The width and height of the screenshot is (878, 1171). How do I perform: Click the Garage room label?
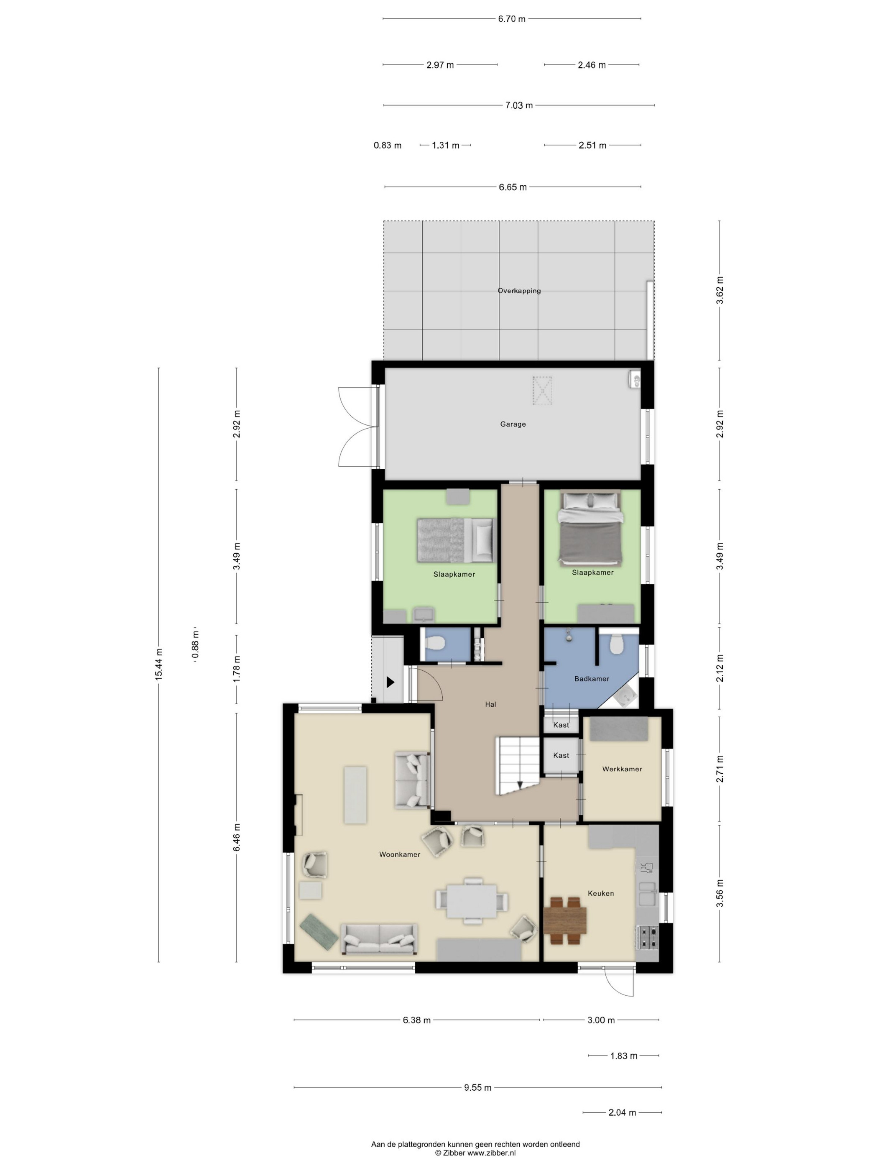513,424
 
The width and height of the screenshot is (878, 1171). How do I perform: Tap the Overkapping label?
519,291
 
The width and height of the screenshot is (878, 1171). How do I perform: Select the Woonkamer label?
400,854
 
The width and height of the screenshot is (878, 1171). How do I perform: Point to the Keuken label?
601,893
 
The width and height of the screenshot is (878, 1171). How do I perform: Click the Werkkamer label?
622,769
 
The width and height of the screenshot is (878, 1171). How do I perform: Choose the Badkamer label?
592,679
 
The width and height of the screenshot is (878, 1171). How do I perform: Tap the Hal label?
490,704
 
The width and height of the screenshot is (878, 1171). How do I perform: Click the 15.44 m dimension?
159,664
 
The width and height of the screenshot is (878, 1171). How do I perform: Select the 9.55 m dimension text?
478,1087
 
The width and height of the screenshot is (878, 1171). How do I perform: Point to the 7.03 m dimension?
519,105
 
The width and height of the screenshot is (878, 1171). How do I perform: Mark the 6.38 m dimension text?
416,1020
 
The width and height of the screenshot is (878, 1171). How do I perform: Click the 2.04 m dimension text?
622,1113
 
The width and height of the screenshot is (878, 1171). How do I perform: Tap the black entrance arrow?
391,683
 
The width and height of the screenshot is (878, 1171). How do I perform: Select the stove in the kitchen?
647,936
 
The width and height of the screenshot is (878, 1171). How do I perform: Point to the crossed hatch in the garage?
542,390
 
